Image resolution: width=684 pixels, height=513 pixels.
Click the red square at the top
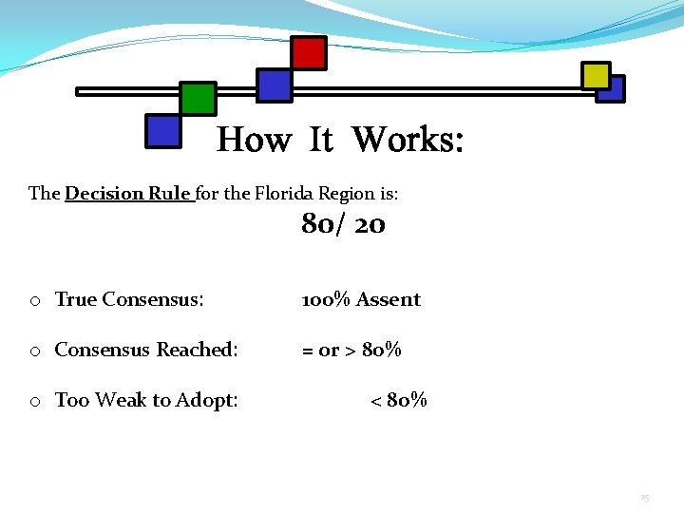coord(308,53)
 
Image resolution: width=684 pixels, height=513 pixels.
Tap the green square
coord(198,98)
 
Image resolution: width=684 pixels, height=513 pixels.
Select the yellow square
coord(596,76)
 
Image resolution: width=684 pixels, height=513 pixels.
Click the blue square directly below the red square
coord(275,85)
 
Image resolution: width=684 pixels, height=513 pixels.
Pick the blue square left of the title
coord(162,131)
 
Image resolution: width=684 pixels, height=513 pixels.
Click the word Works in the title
coord(408,141)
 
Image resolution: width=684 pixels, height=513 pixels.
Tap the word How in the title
coord(254,141)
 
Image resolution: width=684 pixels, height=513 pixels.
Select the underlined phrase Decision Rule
coord(128,194)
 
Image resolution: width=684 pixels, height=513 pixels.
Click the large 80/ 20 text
coord(343,225)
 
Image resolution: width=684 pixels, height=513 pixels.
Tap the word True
coord(76,299)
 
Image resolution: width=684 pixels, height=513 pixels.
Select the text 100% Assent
coord(361,299)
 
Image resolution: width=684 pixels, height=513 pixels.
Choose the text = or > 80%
coord(351,350)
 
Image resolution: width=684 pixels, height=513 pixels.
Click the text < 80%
coord(398,400)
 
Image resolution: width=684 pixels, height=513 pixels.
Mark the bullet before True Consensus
coord(34,301)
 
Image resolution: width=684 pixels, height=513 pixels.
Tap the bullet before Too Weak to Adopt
coord(34,402)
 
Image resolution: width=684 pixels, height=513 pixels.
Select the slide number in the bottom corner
coord(644,498)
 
